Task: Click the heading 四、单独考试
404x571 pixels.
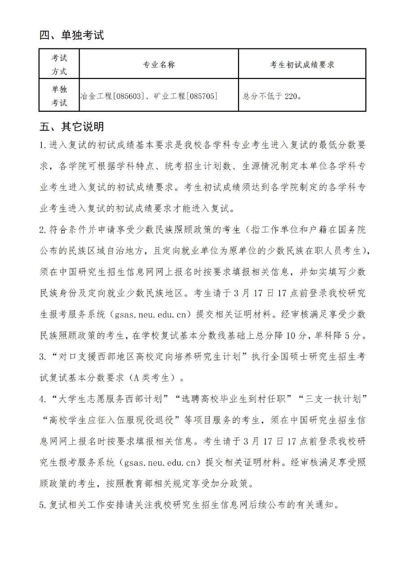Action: click(72, 35)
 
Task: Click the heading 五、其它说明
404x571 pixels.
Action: click(72, 127)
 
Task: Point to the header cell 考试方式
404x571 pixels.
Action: click(59, 65)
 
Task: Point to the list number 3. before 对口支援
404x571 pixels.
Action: click(43, 357)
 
